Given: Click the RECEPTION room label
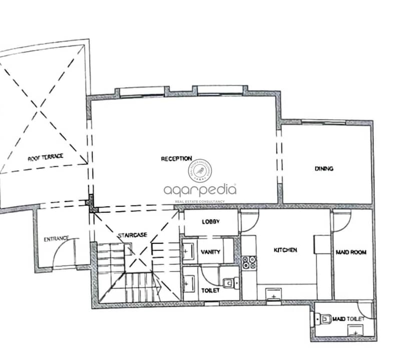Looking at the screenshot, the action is point(176,158).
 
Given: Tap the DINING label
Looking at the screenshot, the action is point(324,168).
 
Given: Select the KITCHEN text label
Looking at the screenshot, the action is point(285,250).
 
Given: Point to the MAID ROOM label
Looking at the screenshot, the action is point(351,252).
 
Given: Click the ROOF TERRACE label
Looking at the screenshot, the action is point(46,157).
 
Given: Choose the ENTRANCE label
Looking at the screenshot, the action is point(57,239).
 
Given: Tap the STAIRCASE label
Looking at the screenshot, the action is point(133,235).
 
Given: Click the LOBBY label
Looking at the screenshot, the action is point(211,222).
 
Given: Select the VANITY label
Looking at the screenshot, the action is point(210,252).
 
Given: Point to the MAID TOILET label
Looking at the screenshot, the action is point(348,319).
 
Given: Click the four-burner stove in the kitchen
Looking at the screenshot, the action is point(249,262).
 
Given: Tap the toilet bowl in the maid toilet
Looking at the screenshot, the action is point(323,319).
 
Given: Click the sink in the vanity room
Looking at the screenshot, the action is point(189,251).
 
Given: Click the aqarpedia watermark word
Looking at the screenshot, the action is point(200,190).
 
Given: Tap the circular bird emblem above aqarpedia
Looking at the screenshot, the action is point(200,170).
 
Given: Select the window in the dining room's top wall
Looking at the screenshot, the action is point(323,122).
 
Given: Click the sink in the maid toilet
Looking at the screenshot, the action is point(355,330).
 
